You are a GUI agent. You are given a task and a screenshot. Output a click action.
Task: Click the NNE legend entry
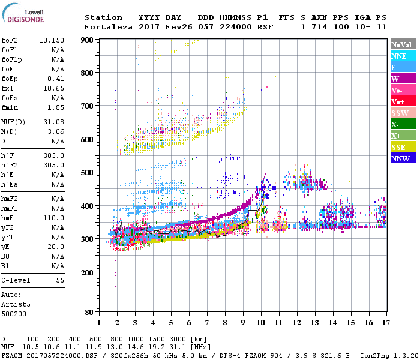click(x=403, y=56)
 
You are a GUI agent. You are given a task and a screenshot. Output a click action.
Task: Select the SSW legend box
click(x=403, y=113)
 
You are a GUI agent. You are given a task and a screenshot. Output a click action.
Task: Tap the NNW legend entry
click(x=403, y=158)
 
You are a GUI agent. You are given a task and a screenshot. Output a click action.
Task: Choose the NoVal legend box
click(x=403, y=44)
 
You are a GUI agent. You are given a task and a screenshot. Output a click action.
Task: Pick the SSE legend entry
click(x=403, y=147)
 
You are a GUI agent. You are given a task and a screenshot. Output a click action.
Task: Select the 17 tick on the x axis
click(x=385, y=322)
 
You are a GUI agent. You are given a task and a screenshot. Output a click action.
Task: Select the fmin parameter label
click(x=11, y=107)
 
